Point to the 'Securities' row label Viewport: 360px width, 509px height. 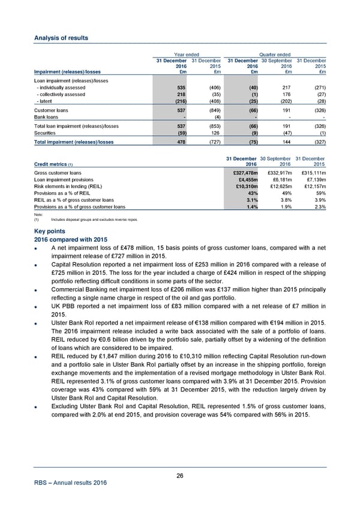pos(45,133)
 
